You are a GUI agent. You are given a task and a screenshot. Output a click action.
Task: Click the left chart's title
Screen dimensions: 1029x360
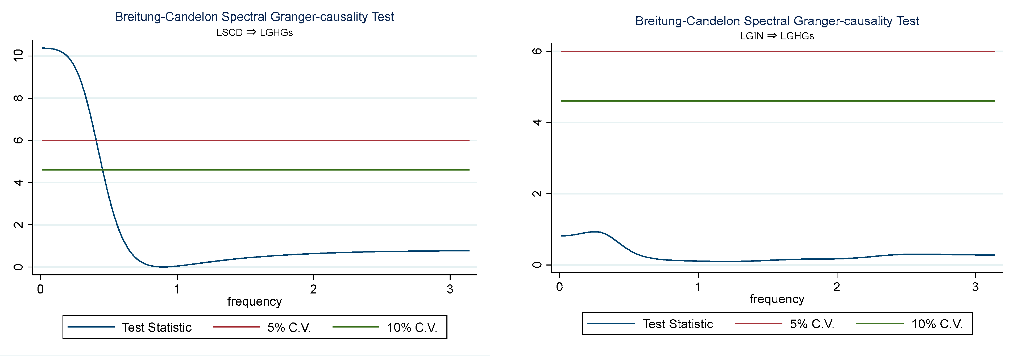click(x=254, y=17)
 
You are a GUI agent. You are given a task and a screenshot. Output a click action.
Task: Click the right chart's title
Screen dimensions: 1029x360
click(x=777, y=21)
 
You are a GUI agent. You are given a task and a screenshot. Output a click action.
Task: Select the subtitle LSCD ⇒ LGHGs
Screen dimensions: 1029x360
click(x=254, y=32)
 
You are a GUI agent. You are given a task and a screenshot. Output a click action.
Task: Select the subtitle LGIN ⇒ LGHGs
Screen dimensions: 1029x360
click(x=777, y=36)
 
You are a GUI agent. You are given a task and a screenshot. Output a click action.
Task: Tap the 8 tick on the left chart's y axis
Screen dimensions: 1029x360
click(x=18, y=98)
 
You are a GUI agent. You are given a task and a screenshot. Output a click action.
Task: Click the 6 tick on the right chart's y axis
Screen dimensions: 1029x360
click(x=538, y=51)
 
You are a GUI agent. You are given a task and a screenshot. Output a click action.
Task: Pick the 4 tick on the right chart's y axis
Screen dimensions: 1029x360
click(x=538, y=122)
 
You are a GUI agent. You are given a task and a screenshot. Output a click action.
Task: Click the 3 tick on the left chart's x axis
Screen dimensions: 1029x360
click(x=450, y=289)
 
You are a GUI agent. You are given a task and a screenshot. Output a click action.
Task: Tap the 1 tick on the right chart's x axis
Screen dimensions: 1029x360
click(x=698, y=287)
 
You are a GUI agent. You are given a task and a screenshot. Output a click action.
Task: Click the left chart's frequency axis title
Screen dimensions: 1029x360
click(x=254, y=301)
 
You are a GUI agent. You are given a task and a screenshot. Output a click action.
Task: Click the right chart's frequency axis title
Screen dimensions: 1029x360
click(x=777, y=299)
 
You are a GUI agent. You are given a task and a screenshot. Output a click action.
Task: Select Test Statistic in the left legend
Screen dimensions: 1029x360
click(x=157, y=327)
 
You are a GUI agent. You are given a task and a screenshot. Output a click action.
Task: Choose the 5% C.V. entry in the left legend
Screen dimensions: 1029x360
click(x=289, y=327)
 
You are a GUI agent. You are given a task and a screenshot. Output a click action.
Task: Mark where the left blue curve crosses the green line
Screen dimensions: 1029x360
click(x=103, y=170)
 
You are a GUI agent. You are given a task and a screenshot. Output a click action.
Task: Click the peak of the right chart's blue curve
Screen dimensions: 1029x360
click(x=595, y=231)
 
